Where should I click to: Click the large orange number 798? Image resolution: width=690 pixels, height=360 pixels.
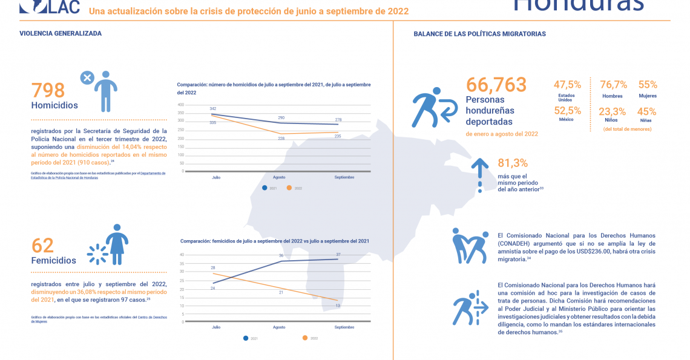[x=48, y=90]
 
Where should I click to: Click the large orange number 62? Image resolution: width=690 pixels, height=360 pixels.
[x=42, y=245]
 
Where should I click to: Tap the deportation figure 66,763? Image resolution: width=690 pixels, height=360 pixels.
[x=496, y=85]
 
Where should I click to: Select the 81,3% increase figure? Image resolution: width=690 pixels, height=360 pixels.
[x=513, y=163]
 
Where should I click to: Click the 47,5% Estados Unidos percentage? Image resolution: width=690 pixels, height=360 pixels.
[x=567, y=85]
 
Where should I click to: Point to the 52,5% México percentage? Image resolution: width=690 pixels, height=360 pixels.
[x=567, y=111]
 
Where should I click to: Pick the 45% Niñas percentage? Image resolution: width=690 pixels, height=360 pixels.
[x=647, y=111]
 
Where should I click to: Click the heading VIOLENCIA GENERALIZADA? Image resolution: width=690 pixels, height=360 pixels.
[x=60, y=34]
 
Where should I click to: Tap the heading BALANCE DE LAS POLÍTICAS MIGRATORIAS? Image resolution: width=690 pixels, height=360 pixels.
[x=479, y=34]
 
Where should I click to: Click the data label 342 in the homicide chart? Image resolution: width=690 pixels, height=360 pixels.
[x=213, y=108]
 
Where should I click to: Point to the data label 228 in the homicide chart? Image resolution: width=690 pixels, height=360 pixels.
[x=281, y=139]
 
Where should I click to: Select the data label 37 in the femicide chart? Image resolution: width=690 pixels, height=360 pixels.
[x=339, y=254]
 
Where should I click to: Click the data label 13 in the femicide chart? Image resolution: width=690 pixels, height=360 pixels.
[x=337, y=306]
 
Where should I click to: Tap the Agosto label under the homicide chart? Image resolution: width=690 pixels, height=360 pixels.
[x=279, y=177]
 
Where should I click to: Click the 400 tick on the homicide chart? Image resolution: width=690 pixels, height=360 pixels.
[x=180, y=104]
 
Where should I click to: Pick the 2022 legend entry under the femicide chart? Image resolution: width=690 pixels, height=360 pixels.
[x=309, y=338]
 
